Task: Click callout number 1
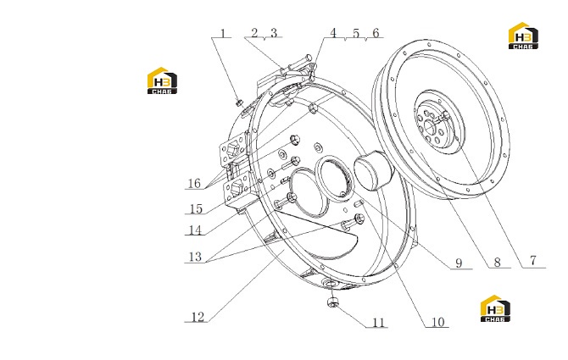pos(223,33)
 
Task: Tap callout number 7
pos(533,261)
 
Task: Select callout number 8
pos(498,262)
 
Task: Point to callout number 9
pos(459,263)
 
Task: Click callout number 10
pos(438,321)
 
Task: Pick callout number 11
pos(378,322)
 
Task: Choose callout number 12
pos(198,317)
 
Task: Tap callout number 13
pos(195,257)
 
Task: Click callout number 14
pos(195,230)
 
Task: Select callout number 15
pos(196,208)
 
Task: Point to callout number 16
pos(194,183)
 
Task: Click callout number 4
pos(333,33)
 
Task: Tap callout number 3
pos(274,33)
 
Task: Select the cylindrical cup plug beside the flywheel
pos(371,170)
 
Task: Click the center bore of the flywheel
pos(430,127)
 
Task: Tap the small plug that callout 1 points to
pos(239,103)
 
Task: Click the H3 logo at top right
pos(523,36)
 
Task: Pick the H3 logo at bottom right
pos(495,308)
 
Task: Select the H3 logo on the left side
pos(162,80)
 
